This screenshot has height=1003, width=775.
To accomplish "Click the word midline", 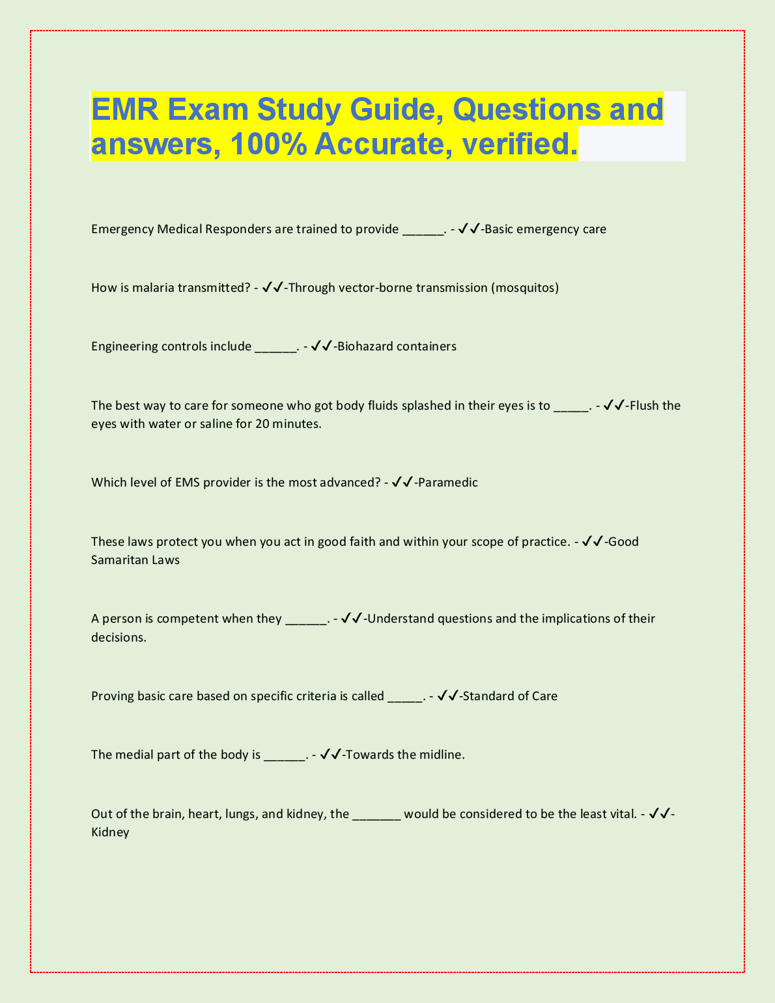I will (442, 755).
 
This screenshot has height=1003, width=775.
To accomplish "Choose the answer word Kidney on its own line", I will (110, 832).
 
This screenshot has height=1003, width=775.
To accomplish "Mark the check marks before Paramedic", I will (402, 483).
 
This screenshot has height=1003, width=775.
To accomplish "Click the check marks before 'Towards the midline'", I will (331, 755).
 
